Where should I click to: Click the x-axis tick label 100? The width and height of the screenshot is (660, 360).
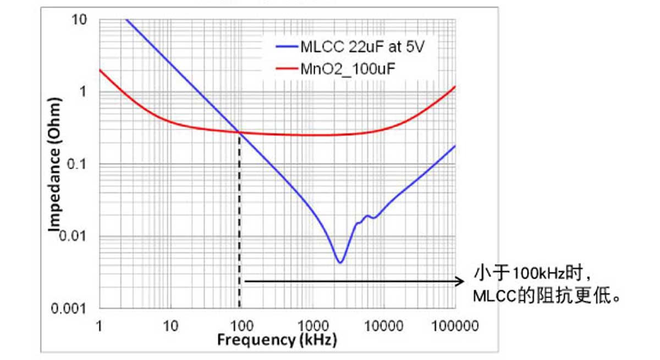[240, 326]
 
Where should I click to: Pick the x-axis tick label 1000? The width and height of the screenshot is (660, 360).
[311, 326]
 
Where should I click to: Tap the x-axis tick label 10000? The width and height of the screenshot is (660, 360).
[382, 326]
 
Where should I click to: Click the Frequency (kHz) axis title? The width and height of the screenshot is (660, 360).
[277, 341]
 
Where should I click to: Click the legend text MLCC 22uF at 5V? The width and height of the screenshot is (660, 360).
[362, 47]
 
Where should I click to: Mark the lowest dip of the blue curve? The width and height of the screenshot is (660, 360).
[340, 262]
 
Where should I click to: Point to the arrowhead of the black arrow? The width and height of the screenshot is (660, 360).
[461, 281]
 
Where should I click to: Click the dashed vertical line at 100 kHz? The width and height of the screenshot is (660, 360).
[239, 220]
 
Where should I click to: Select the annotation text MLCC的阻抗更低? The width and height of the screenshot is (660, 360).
[547, 296]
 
